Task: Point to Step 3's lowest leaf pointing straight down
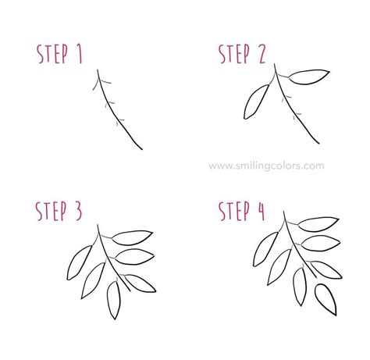[114, 301]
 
